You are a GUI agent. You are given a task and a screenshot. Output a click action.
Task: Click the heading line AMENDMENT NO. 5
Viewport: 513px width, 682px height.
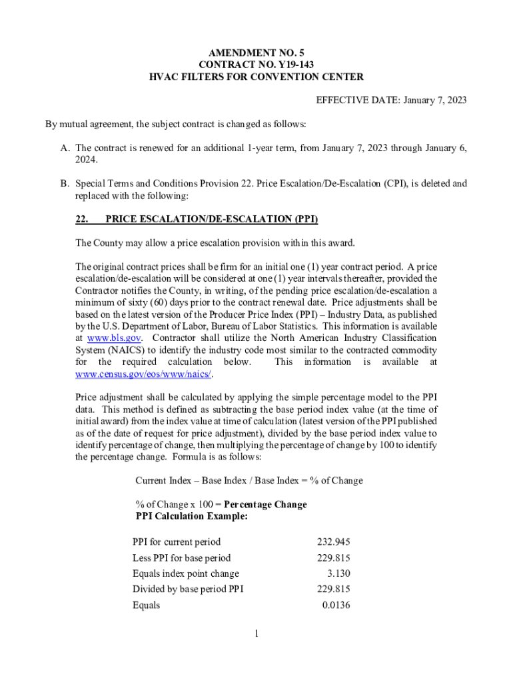pos(256,51)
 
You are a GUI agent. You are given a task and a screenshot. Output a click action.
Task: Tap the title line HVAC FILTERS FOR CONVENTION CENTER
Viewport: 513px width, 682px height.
pos(256,77)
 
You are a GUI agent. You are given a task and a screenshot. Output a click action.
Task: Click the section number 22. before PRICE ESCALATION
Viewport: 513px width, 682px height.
pos(81,218)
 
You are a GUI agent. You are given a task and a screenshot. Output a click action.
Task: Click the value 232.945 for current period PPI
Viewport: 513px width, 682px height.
pos(333,541)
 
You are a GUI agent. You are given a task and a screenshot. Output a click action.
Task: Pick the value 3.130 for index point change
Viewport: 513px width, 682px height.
pos(338,573)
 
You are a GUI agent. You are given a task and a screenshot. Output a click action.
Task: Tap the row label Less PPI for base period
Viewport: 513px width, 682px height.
pos(181,557)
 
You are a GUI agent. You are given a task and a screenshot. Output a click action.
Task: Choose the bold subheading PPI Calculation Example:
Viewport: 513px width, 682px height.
pos(192,516)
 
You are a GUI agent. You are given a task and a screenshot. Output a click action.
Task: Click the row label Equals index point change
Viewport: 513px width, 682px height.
pos(185,573)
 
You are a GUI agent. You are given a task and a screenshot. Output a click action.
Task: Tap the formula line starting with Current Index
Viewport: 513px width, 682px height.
pos(249,480)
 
